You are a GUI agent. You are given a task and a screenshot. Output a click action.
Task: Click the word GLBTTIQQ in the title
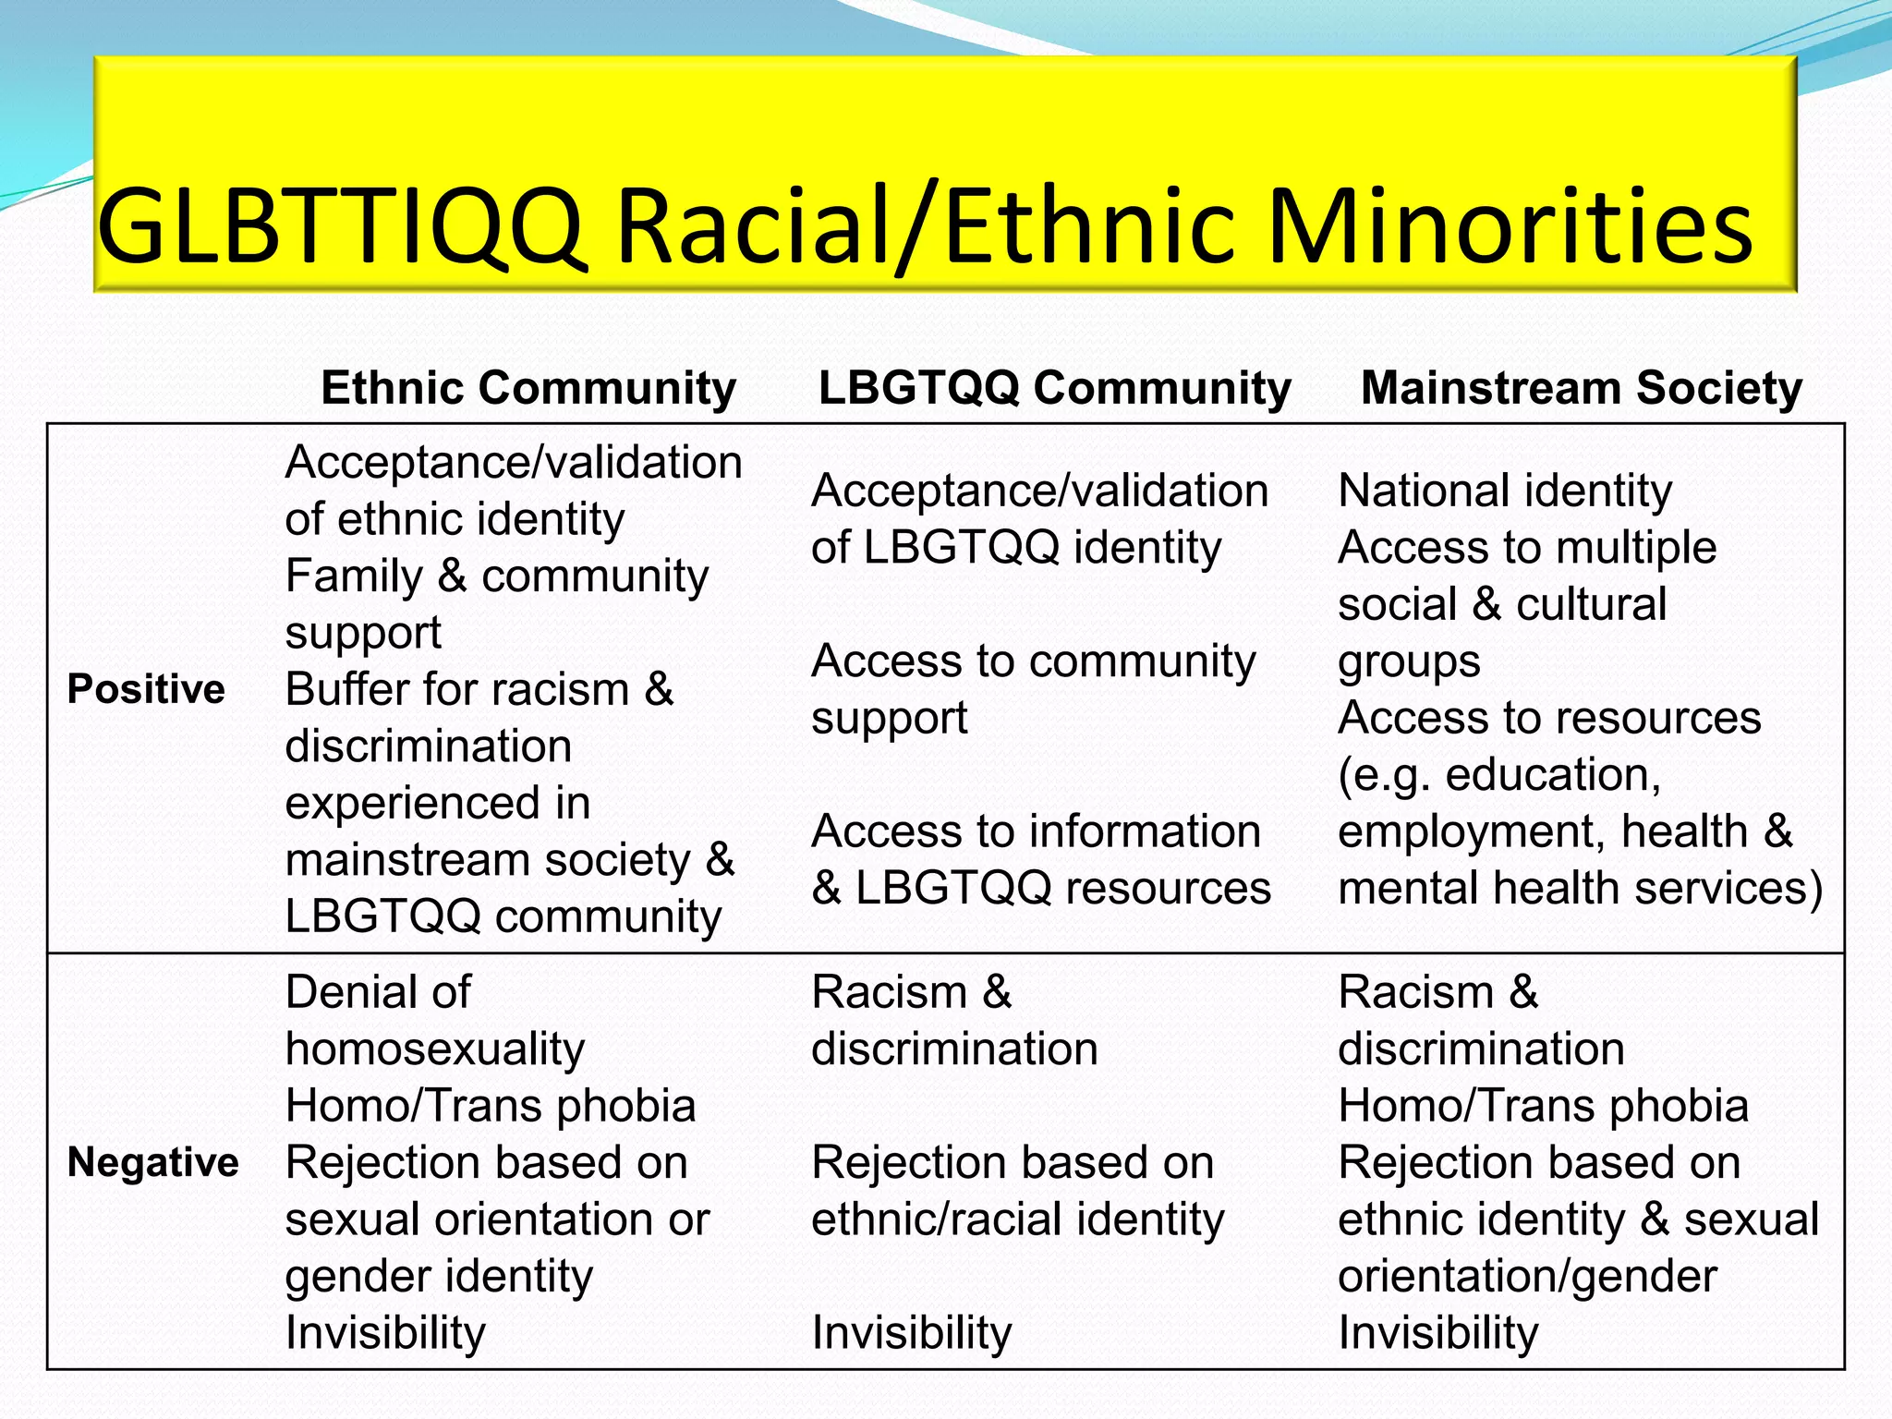coord(340,226)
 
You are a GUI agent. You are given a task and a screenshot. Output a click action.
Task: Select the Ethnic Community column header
coord(528,387)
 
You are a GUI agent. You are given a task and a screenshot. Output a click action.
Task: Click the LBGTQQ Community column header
coord(1055,387)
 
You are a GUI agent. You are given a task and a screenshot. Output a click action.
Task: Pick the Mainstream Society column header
coord(1582,387)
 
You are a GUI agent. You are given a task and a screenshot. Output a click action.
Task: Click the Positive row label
coord(146,689)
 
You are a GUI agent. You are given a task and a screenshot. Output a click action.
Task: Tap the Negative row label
coord(153,1162)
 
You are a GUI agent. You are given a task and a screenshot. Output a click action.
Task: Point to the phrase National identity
coord(1505,491)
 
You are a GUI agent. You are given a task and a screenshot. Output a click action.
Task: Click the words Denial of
coord(378,992)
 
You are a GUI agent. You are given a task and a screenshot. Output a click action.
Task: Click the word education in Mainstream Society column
coord(1552,774)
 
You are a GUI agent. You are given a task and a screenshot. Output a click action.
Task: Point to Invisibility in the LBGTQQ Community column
coord(912,1333)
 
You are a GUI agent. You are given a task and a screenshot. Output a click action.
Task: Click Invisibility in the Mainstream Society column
coord(1438,1333)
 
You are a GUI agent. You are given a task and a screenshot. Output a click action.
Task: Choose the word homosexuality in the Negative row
coord(435,1049)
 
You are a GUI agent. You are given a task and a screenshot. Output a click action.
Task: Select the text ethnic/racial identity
coord(1017,1219)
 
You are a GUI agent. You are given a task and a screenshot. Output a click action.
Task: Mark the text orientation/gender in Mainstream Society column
coord(1527,1277)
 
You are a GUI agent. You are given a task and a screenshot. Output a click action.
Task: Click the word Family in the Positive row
coord(354,576)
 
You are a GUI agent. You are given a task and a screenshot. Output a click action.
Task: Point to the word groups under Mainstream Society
coord(1409,661)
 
